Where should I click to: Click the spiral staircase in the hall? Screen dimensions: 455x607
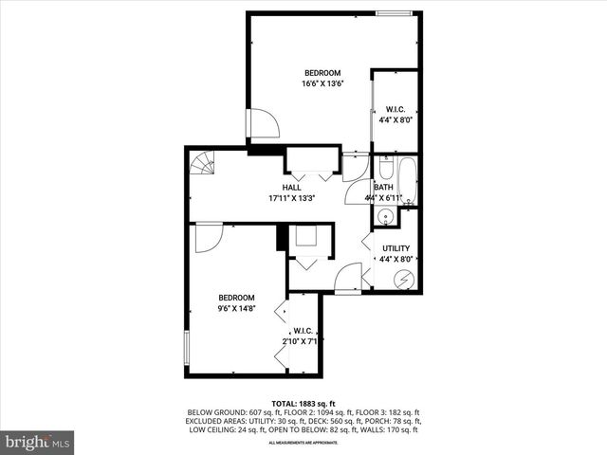point(202,165)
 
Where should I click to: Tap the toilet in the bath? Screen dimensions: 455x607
point(386,172)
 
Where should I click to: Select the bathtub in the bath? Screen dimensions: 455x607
point(408,179)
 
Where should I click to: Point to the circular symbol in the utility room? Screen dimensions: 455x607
point(403,280)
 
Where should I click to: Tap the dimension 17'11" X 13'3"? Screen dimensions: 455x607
point(291,199)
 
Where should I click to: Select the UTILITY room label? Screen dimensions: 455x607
point(395,248)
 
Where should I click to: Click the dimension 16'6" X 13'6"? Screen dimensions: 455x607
point(322,83)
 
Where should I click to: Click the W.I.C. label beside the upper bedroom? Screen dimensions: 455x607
point(395,109)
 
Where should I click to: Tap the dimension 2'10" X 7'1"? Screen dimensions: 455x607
point(303,340)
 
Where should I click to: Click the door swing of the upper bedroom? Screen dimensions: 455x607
point(263,123)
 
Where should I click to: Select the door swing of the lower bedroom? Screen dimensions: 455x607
point(208,237)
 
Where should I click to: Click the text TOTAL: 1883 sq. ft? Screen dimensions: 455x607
point(303,403)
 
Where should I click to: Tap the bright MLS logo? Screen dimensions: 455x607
point(38,442)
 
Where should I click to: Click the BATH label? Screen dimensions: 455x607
point(383,188)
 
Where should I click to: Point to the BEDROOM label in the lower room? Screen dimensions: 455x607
point(238,297)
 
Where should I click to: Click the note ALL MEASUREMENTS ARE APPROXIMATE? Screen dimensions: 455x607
point(303,443)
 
